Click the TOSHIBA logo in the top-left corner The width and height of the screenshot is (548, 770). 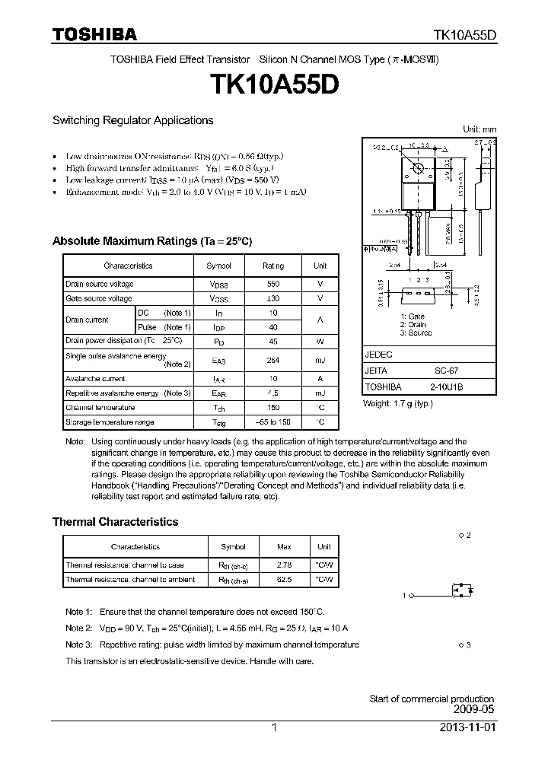[94, 34]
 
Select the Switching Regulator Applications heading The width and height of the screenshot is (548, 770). [132, 120]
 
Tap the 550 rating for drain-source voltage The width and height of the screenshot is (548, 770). [272, 284]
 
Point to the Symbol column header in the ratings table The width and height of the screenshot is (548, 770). [218, 266]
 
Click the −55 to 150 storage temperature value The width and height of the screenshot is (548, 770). [272, 422]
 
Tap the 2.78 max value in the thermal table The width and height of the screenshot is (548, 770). [284, 565]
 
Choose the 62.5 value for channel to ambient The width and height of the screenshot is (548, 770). [284, 579]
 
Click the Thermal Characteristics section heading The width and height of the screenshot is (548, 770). [115, 522]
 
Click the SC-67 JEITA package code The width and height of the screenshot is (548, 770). [446, 371]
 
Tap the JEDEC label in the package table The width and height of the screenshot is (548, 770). [379, 355]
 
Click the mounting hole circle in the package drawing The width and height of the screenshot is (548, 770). [418, 167]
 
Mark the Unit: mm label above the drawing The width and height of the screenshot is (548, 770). [479, 129]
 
